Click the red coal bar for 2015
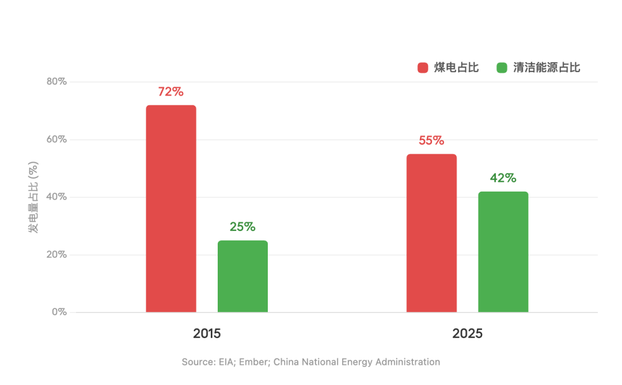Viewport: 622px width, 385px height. coord(171,209)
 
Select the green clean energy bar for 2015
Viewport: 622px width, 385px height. coord(242,276)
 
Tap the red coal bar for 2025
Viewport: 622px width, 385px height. coord(431,233)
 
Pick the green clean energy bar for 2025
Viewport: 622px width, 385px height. coord(503,252)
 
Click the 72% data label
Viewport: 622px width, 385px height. coord(170,92)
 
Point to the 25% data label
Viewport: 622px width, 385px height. coord(242,227)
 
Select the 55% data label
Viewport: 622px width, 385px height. coord(431,140)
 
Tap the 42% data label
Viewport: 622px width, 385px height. coord(503,178)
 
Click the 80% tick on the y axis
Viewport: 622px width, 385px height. coord(56,82)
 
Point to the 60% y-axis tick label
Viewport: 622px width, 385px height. coord(56,140)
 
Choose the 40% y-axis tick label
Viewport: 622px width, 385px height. coord(56,197)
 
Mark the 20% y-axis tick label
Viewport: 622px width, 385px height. coord(56,255)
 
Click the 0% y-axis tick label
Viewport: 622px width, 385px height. coord(59,312)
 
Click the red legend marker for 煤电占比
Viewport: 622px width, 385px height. coord(423,68)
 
